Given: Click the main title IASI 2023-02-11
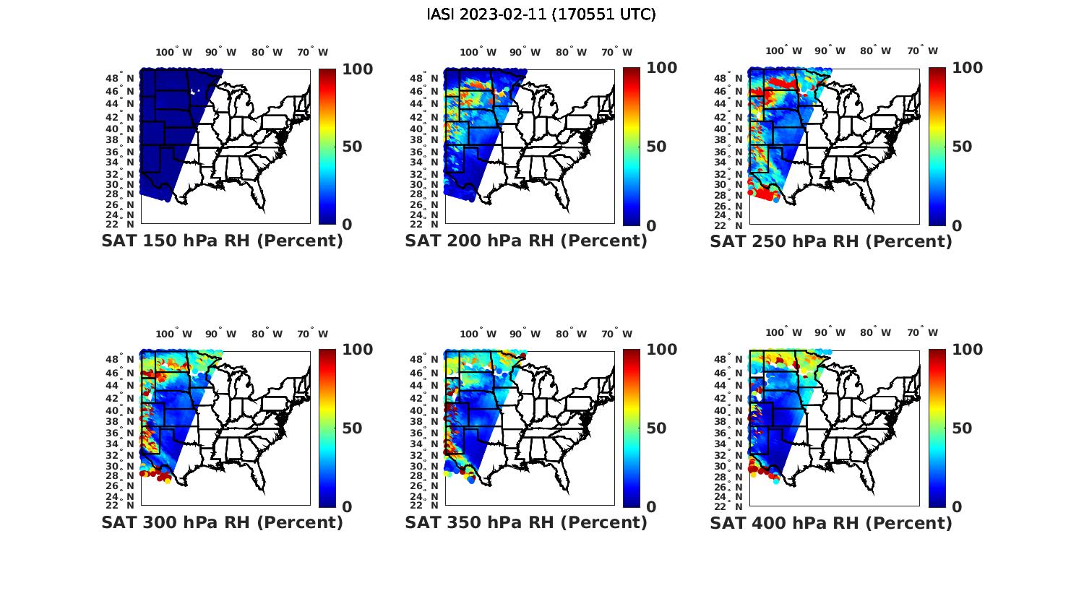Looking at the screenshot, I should click(x=541, y=14).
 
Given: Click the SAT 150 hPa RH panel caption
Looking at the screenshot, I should click(x=222, y=241).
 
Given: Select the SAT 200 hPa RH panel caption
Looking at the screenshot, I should click(x=526, y=241).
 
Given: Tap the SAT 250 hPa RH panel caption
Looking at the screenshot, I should click(x=831, y=241).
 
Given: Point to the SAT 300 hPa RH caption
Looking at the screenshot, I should click(x=222, y=522).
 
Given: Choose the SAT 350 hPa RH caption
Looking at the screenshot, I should click(x=526, y=522).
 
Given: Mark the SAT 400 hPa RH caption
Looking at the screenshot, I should click(x=831, y=522).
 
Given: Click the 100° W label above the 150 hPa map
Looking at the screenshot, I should click(x=174, y=52).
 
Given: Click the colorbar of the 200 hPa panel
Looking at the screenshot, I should click(x=631, y=147).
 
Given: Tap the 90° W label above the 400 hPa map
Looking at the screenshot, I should click(x=829, y=333).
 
